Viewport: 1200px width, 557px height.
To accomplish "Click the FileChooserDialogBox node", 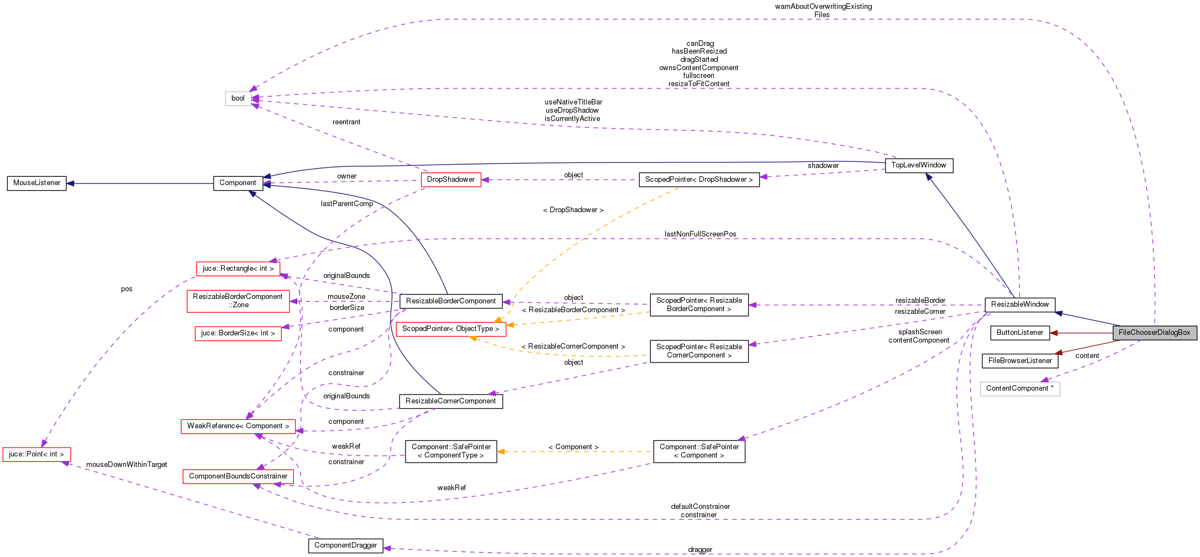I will [1154, 333].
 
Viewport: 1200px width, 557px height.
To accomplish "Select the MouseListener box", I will [36, 183].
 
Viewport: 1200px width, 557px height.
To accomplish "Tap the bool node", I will [238, 98].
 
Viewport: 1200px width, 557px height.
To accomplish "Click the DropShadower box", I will [451, 180].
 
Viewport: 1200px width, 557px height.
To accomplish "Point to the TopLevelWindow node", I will [918, 165].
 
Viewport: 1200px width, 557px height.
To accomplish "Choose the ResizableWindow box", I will [1019, 304].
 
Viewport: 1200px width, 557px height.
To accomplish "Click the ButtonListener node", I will [1019, 333].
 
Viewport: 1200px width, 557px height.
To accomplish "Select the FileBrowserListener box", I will [1019, 361].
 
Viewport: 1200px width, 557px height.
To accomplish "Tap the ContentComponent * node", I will [1019, 388].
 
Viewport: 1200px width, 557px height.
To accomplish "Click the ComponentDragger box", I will [345, 545].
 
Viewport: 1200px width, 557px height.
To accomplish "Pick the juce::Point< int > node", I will [36, 454].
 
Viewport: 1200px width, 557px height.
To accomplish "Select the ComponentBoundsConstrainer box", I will [238, 476].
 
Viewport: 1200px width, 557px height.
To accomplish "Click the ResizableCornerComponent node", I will [451, 401].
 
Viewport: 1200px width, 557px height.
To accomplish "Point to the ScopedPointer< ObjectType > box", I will [451, 329].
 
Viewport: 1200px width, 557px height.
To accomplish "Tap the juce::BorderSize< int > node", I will [238, 333].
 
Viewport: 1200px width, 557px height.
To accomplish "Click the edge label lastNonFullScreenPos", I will [700, 234].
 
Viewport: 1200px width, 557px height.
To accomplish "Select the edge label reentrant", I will [346, 122].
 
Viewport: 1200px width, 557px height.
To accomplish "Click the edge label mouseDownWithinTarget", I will [127, 465].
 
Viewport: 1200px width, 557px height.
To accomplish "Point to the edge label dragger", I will [700, 550].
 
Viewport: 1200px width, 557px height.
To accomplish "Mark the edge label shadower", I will [823, 166].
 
